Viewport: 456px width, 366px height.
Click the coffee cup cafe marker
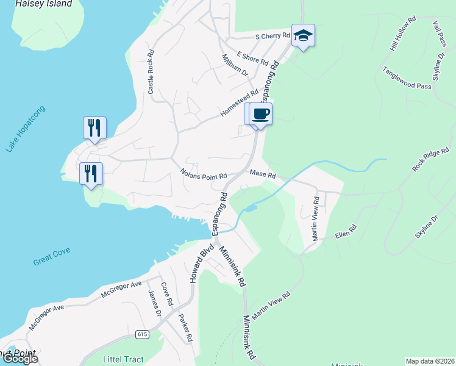[261, 114]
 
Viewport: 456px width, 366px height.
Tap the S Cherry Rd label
[272, 37]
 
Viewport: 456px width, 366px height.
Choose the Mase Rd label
[263, 175]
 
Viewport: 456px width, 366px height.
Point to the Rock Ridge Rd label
[431, 159]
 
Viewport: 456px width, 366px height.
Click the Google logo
[20, 359]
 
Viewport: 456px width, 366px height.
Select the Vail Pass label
[440, 32]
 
